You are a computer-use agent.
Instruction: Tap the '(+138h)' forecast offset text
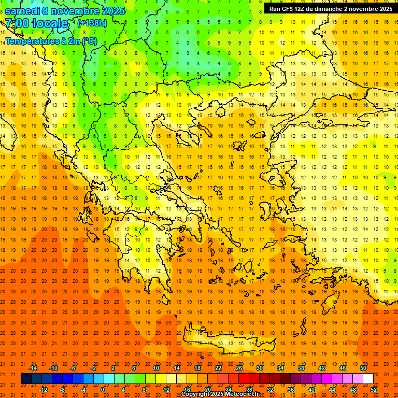(92, 23)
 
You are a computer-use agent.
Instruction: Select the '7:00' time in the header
(17, 24)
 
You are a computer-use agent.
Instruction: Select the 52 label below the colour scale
(374, 390)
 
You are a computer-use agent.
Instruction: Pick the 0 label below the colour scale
(103, 390)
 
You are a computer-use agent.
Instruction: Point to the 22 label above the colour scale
(218, 368)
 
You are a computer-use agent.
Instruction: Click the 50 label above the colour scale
(363, 368)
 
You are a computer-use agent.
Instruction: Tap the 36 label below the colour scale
(290, 390)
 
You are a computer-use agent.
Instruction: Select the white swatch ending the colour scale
(368, 379)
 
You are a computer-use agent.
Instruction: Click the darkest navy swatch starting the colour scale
(26, 379)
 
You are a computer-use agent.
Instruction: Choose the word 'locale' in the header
(50, 24)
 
